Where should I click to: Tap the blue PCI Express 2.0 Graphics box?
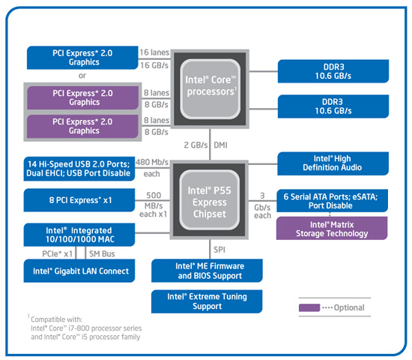[82, 56]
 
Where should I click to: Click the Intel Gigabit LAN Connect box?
[81, 271]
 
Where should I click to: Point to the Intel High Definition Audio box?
[333, 163]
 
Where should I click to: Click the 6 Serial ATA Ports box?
[333, 199]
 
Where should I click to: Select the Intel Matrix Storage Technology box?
[333, 228]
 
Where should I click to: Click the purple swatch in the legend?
[309, 307]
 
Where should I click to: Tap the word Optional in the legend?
[349, 307]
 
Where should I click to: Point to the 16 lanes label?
[155, 52]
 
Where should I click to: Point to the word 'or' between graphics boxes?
[82, 75]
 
